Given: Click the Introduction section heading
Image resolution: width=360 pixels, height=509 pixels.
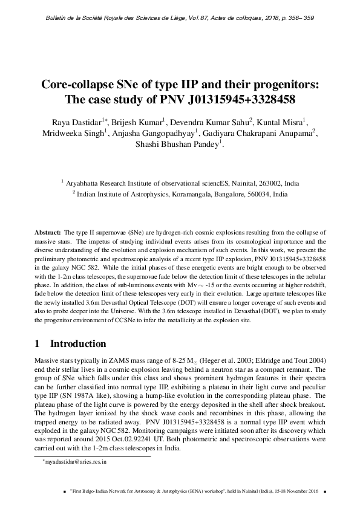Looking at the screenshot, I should click(78, 344).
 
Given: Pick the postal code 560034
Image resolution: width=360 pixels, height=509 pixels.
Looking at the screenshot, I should click(254, 195).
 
